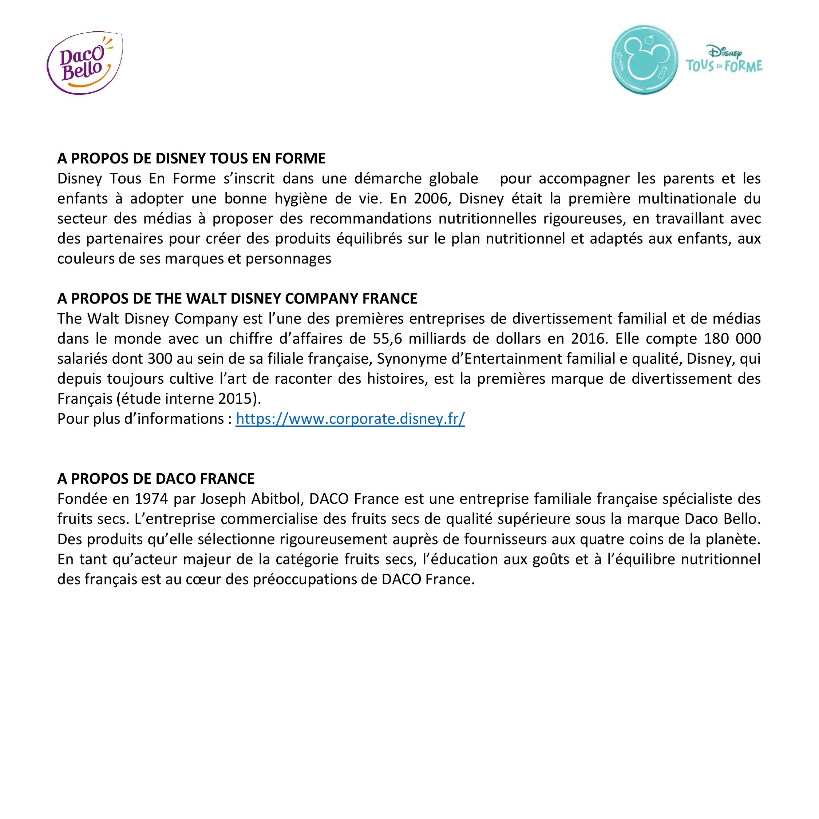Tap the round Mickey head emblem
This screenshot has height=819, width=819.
(x=644, y=60)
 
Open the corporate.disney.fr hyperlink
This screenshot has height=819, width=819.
(x=350, y=419)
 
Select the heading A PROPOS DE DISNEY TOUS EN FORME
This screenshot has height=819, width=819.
(x=191, y=159)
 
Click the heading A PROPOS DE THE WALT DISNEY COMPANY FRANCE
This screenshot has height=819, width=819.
(x=237, y=299)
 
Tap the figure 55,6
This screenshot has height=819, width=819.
(x=387, y=339)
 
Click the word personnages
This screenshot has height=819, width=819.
(x=288, y=258)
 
